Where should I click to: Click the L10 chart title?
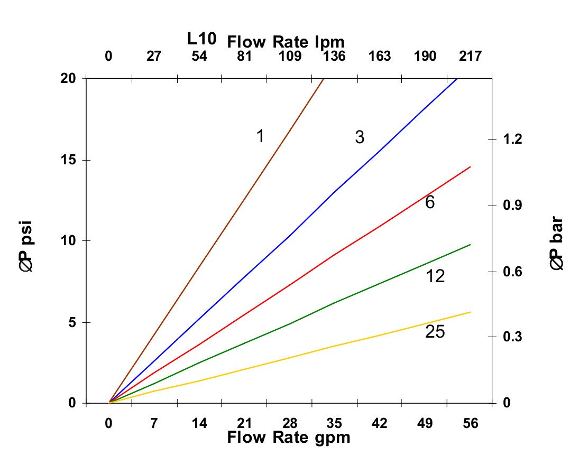pos(201,39)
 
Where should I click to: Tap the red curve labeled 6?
pos(333,255)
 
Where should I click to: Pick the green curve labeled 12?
pos(334,303)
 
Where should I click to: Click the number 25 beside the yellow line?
pos(435,332)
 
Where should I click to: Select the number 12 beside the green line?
pos(435,276)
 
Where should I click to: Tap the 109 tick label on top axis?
pos(290,56)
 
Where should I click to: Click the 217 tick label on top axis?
pos(470,56)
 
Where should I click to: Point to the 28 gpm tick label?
pos(290,423)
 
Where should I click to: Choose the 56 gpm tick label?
pos(470,423)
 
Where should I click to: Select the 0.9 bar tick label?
pos(512,205)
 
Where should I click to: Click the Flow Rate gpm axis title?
pos(289,438)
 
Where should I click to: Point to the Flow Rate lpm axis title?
pos(286,41)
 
